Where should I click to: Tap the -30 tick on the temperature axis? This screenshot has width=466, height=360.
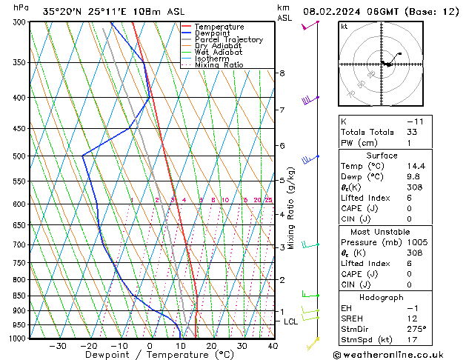click(58, 346)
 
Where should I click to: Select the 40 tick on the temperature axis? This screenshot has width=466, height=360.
click(273, 346)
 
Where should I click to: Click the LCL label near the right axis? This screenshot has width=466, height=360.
click(290, 321)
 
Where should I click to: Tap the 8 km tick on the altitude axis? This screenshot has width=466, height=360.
click(282, 73)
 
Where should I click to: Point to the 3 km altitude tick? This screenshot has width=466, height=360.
click(282, 247)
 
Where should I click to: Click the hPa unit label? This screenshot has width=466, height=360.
click(21, 7)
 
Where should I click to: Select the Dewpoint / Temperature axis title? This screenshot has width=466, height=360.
click(149, 356)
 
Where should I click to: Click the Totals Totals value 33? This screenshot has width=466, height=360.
click(413, 132)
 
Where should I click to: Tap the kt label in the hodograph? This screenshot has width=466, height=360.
click(344, 27)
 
